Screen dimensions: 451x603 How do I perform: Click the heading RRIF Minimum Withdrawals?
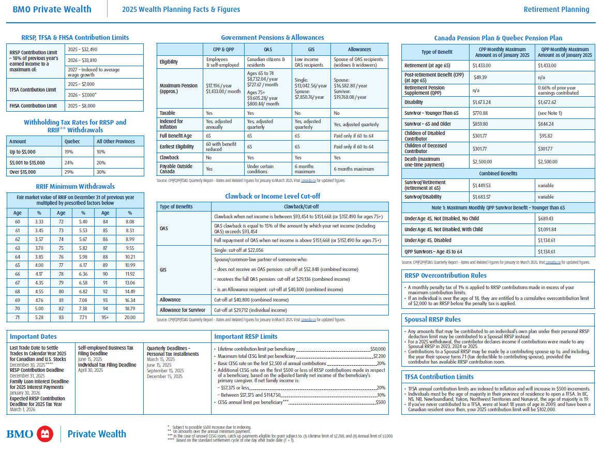click(x=75, y=186)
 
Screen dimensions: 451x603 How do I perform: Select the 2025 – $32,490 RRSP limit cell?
click(x=83, y=50)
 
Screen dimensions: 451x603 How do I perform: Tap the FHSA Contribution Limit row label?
click(x=33, y=106)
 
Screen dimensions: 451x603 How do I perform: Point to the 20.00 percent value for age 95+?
click(x=130, y=317)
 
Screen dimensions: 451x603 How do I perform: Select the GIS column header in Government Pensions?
click(x=311, y=50)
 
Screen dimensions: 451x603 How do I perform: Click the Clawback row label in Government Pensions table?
click(x=169, y=158)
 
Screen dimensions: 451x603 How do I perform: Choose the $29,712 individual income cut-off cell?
click(x=251, y=310)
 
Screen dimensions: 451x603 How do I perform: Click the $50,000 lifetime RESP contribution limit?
click(x=378, y=349)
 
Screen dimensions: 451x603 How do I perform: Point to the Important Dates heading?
click(x=33, y=337)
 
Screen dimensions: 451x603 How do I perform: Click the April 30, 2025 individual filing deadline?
click(x=91, y=370)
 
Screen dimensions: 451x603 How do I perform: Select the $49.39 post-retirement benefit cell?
click(x=481, y=77)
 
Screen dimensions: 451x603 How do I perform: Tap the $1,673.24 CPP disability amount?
click(x=482, y=102)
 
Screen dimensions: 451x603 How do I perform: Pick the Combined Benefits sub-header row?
click(x=498, y=173)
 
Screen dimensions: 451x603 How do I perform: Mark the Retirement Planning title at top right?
click(x=556, y=9)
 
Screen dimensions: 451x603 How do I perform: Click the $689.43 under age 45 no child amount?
click(x=481, y=219)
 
